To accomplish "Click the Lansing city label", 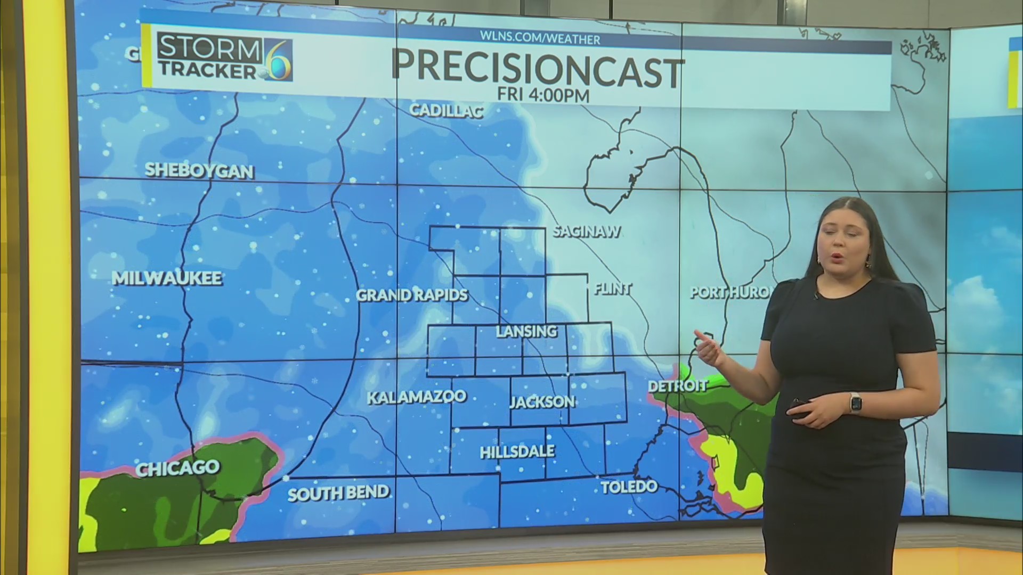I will pos(526,331).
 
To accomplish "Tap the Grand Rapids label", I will pos(412,295).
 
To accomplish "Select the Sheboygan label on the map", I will pos(199,170).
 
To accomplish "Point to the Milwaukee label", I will pos(167,278).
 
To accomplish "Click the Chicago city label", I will pos(177,467).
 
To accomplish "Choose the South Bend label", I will pos(338,493).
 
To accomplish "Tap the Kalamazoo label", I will pos(417,397).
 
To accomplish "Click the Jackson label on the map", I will pos(542,401).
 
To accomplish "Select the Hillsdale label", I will pos(517,452).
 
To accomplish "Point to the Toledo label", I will pos(629,487).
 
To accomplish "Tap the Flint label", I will pos(613,289).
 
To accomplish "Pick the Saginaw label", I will pos(587,232).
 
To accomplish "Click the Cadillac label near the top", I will pos(446,110).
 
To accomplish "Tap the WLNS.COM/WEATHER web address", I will pos(540,39).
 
